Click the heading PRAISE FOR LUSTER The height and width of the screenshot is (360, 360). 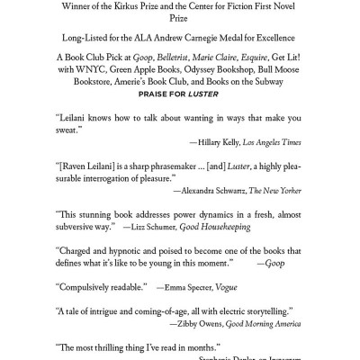point(180,92)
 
